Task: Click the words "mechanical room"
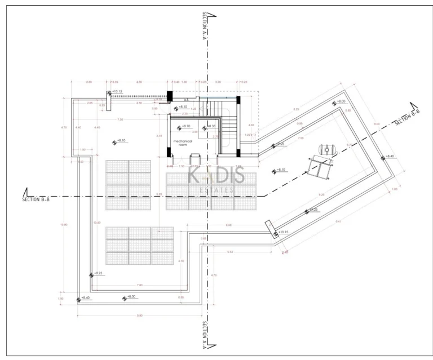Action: (x=183, y=143)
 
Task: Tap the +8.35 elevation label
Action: (x=212, y=126)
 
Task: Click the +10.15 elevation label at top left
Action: (x=117, y=91)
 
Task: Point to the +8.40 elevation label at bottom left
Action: (x=85, y=297)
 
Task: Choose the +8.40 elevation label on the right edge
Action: (x=390, y=156)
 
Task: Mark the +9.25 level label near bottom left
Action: (x=98, y=273)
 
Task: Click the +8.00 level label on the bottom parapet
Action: (x=131, y=297)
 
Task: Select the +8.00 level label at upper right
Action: (x=341, y=101)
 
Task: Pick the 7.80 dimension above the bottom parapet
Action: (x=140, y=285)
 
